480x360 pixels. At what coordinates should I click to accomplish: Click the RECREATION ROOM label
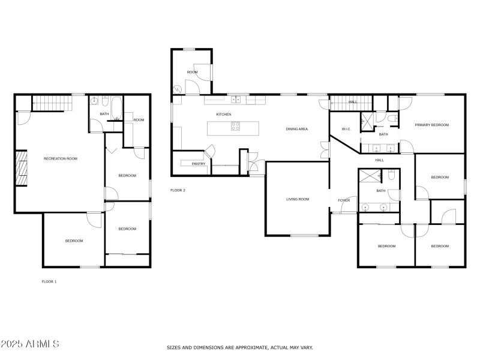click(x=61, y=158)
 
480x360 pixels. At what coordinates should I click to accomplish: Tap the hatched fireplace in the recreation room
click(x=21, y=169)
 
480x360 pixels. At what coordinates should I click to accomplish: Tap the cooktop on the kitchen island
click(x=236, y=127)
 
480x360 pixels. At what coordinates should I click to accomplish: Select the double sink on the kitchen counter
click(x=236, y=100)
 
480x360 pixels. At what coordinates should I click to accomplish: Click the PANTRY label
click(x=199, y=163)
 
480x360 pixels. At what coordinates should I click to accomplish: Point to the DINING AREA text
click(x=296, y=129)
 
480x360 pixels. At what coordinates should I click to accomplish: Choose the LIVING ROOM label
click(x=297, y=199)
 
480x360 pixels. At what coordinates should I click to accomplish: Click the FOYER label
click(x=344, y=200)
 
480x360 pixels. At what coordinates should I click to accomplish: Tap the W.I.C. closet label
click(x=346, y=129)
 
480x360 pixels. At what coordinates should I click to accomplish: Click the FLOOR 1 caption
click(x=49, y=281)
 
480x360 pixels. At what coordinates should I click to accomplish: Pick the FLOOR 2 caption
click(x=178, y=190)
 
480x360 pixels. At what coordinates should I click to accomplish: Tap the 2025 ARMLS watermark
click(x=30, y=344)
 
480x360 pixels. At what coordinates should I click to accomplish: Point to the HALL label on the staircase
click(x=353, y=102)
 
